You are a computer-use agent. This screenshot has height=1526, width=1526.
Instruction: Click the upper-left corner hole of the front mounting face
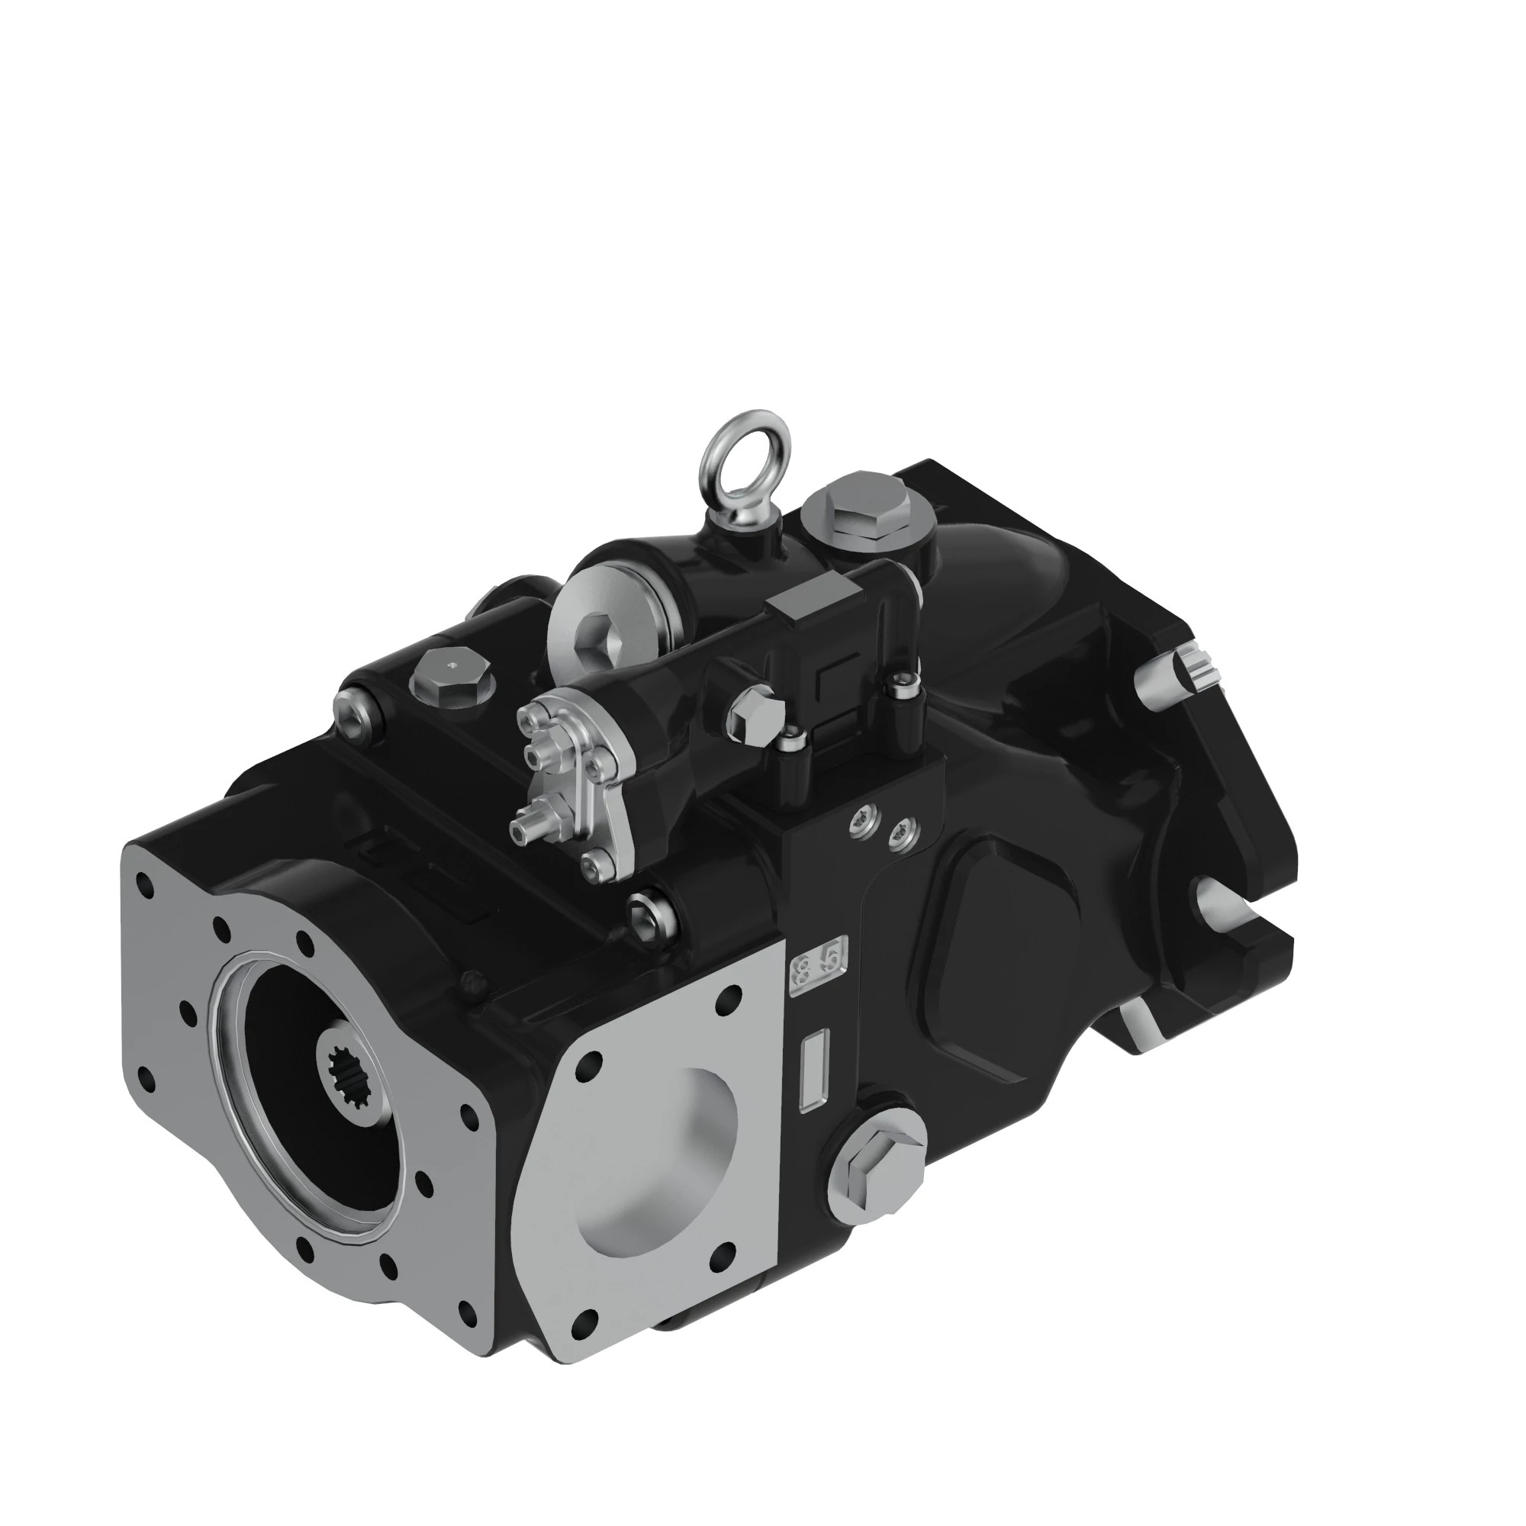pos(143,883)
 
